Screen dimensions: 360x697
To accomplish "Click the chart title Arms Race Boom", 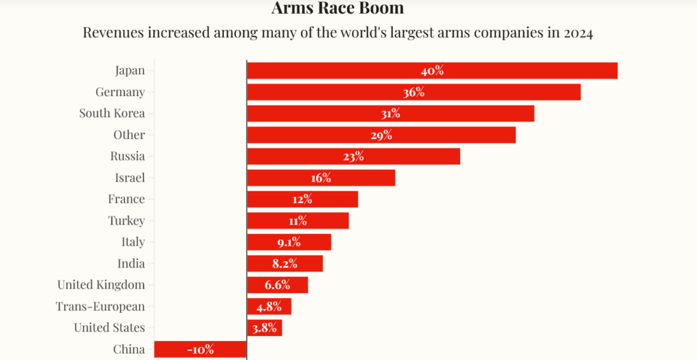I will click(x=338, y=9).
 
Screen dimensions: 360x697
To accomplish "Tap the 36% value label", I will click(x=413, y=92).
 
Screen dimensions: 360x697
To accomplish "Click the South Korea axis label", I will click(x=112, y=114).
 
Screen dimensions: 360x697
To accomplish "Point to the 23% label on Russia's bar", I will click(x=353, y=157).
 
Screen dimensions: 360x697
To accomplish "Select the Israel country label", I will click(x=129, y=178).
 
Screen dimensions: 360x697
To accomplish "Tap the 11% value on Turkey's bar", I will click(x=297, y=220).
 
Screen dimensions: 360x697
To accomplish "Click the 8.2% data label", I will click(x=285, y=263).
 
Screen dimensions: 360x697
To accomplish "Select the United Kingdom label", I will click(x=101, y=284).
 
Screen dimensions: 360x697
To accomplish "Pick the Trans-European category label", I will click(x=100, y=306).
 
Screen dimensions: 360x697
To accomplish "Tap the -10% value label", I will click(x=200, y=349).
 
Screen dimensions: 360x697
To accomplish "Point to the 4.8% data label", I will click(x=268, y=306).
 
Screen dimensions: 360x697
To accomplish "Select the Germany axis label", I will click(x=120, y=92).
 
